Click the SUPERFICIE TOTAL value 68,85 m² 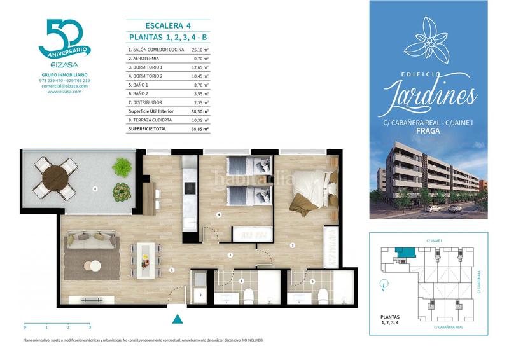pyautogui.click(x=200, y=128)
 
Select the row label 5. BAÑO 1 pyautogui.click(x=139, y=85)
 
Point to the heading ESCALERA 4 pyautogui.click(x=169, y=26)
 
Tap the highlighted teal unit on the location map pyautogui.click(x=403, y=253)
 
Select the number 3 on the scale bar pyautogui.click(x=90, y=327)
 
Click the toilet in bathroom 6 pyautogui.click(x=250, y=294)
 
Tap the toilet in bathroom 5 pyautogui.click(x=323, y=294)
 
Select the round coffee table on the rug pyautogui.click(x=94, y=266)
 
